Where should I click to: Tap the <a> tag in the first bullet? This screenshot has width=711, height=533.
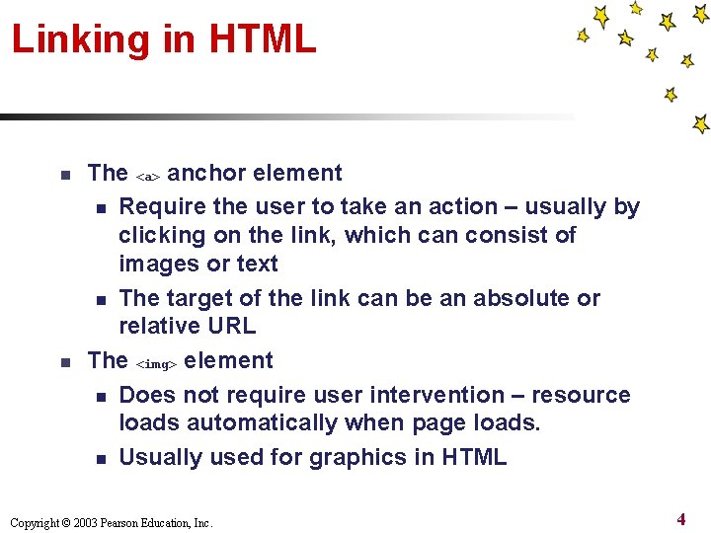tap(147, 176)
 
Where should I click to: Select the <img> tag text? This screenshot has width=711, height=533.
tap(156, 363)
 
